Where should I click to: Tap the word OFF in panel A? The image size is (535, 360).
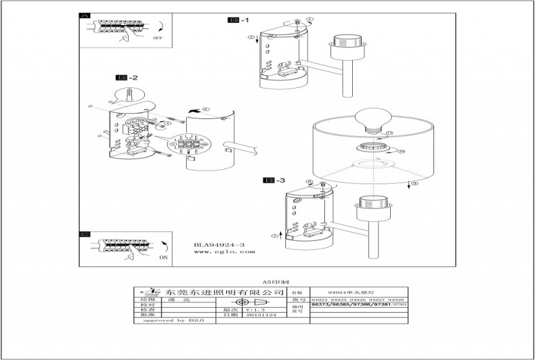click(157, 39)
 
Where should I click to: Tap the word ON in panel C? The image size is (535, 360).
click(163, 258)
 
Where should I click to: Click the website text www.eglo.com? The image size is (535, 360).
click(224, 252)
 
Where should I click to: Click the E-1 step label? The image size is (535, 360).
click(237, 21)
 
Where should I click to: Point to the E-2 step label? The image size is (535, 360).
click(127, 77)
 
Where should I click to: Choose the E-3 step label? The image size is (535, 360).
click(274, 180)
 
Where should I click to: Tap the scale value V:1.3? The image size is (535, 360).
click(252, 309)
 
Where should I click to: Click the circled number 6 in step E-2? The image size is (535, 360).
click(206, 109)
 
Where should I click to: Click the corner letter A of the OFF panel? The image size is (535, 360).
click(84, 16)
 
